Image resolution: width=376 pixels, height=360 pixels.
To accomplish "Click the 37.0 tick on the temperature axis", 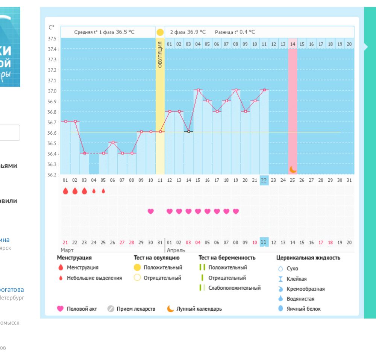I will click(52, 91).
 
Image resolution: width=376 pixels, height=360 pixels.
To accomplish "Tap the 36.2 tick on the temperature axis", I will click(52, 175).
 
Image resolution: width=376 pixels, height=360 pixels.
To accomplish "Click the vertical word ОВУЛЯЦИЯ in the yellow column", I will click(160, 55).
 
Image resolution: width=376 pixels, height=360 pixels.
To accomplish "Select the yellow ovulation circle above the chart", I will click(160, 32).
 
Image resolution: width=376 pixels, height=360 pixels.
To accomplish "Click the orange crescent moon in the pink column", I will click(293, 169).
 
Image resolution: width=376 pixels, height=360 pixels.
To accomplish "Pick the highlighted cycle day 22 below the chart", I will click(264, 180).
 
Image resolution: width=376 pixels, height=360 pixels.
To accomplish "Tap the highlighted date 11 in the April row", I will click(264, 242).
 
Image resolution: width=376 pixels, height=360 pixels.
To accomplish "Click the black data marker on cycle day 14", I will click(189, 132).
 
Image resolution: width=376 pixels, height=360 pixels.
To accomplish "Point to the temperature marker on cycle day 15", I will click(198, 90).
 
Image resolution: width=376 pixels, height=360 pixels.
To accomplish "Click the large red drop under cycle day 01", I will click(65, 191).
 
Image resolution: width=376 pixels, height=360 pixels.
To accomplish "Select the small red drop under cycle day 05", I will click(103, 191).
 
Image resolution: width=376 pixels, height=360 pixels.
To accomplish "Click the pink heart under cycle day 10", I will click(151, 211).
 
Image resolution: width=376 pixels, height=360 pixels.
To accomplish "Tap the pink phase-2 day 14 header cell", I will click(293, 44).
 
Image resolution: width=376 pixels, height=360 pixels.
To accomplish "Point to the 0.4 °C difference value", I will click(247, 32).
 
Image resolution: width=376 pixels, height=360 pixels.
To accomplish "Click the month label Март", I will click(67, 250).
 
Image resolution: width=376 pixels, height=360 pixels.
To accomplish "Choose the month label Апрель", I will click(176, 250).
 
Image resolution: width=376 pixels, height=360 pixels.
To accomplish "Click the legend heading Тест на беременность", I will click(227, 258).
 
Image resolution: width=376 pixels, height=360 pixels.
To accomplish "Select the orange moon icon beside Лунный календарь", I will click(171, 309).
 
